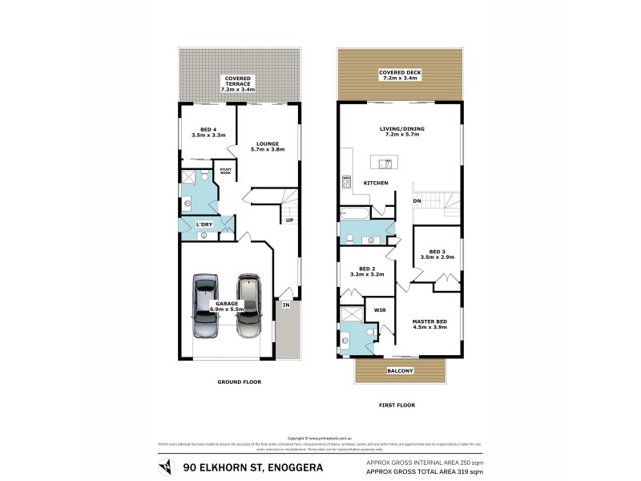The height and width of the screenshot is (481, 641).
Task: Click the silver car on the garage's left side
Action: [x=205, y=307]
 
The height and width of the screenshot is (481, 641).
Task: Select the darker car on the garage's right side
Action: [x=249, y=307]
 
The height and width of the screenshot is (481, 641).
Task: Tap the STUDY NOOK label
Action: [x=225, y=171]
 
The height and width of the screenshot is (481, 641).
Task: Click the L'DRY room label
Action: [x=204, y=224]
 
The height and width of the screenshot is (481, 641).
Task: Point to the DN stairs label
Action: [x=417, y=200]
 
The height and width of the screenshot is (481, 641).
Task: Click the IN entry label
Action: [x=284, y=305]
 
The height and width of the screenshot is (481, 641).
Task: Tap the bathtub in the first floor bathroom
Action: [x=353, y=213]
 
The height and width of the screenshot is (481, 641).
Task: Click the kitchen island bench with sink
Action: [x=382, y=164]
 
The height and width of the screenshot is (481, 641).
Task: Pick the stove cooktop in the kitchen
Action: [x=346, y=181]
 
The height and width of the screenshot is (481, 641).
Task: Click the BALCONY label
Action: [x=400, y=370]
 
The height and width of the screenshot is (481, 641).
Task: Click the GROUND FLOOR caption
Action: [x=240, y=382]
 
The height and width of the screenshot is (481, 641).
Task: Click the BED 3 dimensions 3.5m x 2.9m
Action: [x=437, y=257]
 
